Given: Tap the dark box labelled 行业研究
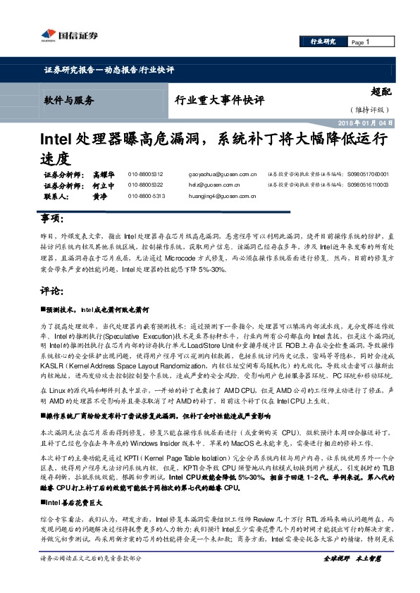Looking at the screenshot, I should pyautogui.click(x=323, y=42).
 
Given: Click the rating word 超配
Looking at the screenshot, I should pyautogui.click(x=381, y=91).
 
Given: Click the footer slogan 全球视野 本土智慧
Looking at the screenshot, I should pyautogui.click(x=352, y=578).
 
